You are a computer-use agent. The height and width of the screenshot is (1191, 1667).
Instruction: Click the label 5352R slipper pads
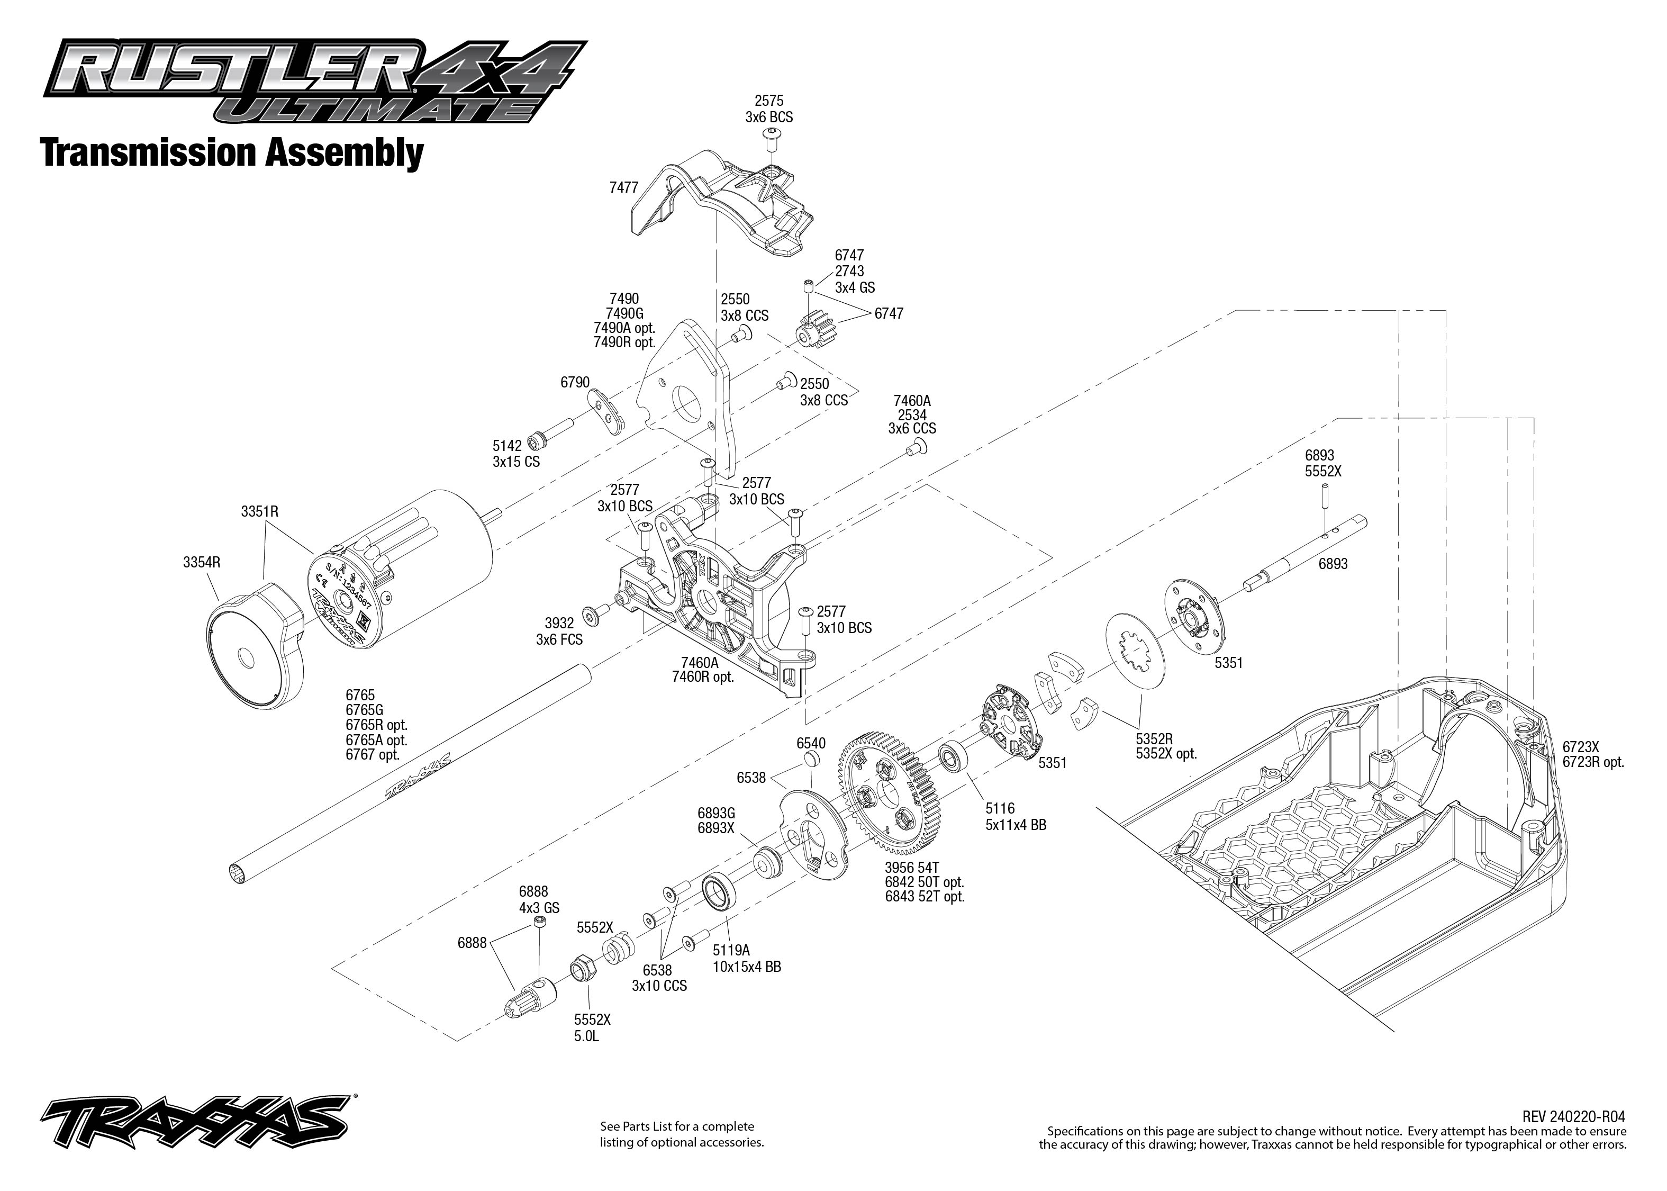coord(1155,738)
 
